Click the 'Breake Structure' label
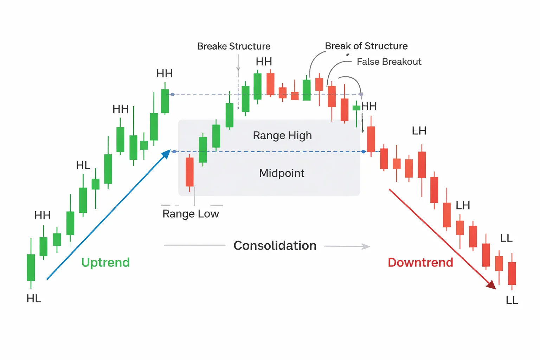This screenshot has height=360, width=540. pyautogui.click(x=234, y=46)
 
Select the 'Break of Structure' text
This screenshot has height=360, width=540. pyautogui.click(x=366, y=46)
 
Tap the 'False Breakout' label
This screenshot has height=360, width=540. pyautogui.click(x=389, y=62)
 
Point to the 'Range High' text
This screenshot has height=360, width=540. pyautogui.click(x=282, y=135)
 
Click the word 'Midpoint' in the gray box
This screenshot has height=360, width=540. pyautogui.click(x=282, y=173)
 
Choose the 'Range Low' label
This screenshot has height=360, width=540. pyautogui.click(x=191, y=214)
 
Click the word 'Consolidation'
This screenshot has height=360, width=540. pyautogui.click(x=275, y=245)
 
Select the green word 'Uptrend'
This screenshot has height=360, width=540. pyautogui.click(x=105, y=262)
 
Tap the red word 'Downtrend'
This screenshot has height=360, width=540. pyautogui.click(x=420, y=262)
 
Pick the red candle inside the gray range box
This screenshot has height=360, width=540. pyautogui.click(x=189, y=172)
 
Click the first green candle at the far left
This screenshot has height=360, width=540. pyautogui.click(x=31, y=267)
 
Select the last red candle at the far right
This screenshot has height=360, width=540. pyautogui.click(x=512, y=273)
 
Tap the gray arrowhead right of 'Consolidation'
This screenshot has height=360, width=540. pyautogui.click(x=366, y=246)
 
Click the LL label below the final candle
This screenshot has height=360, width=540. pyautogui.click(x=512, y=300)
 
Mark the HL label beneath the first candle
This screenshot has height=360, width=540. pyautogui.click(x=34, y=298)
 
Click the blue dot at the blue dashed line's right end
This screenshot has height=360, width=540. pyautogui.click(x=364, y=152)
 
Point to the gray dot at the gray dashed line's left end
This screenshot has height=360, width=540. pyautogui.click(x=173, y=94)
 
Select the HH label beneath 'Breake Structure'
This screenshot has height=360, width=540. pyautogui.click(x=264, y=62)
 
